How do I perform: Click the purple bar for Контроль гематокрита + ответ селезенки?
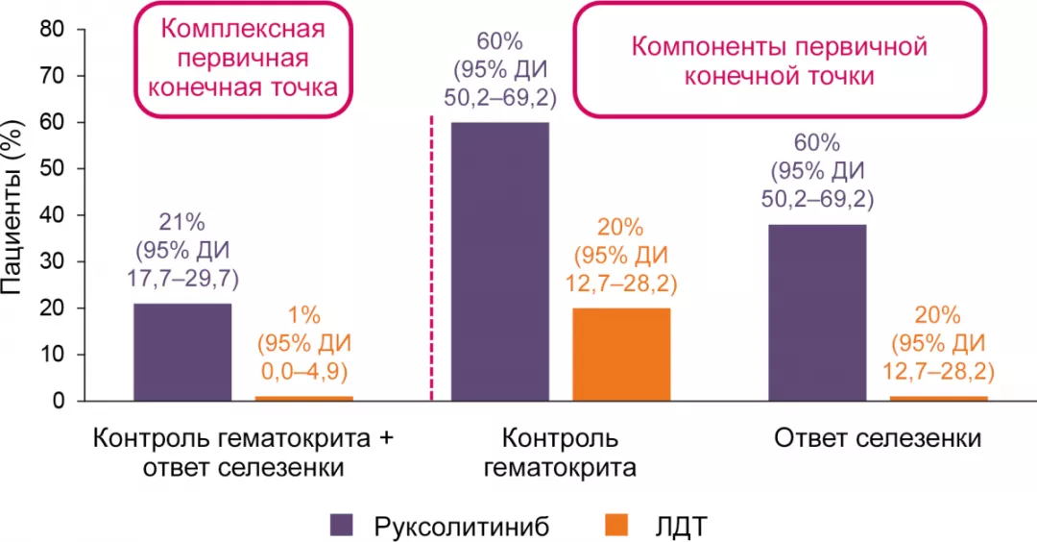coord(182,352)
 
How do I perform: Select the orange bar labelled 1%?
coord(303,398)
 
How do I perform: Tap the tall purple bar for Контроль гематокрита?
coord(499,260)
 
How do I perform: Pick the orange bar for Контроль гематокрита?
coord(621,354)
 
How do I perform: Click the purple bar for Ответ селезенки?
coord(817,312)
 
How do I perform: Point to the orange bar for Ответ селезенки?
coord(938,398)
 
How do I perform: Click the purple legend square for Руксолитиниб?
coord(342,525)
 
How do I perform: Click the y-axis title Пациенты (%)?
coord(15,215)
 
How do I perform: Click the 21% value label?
coord(182,223)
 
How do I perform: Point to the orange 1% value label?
coord(303,315)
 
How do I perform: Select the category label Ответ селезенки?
coord(877,439)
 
